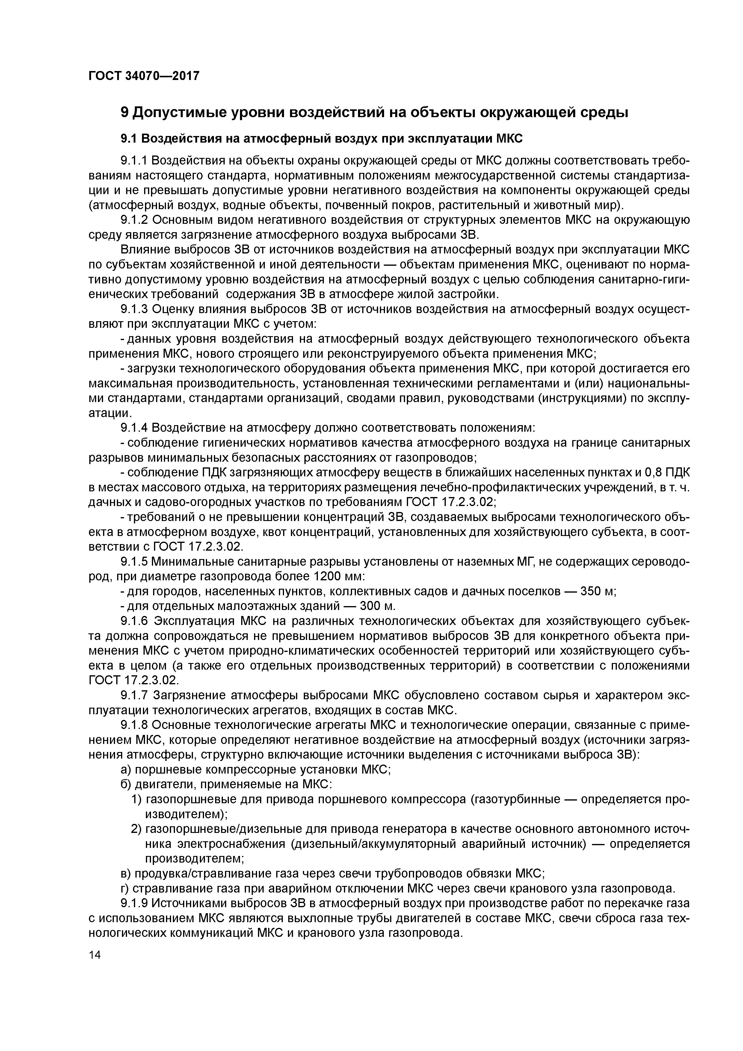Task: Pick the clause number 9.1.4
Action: pos(134,428)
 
